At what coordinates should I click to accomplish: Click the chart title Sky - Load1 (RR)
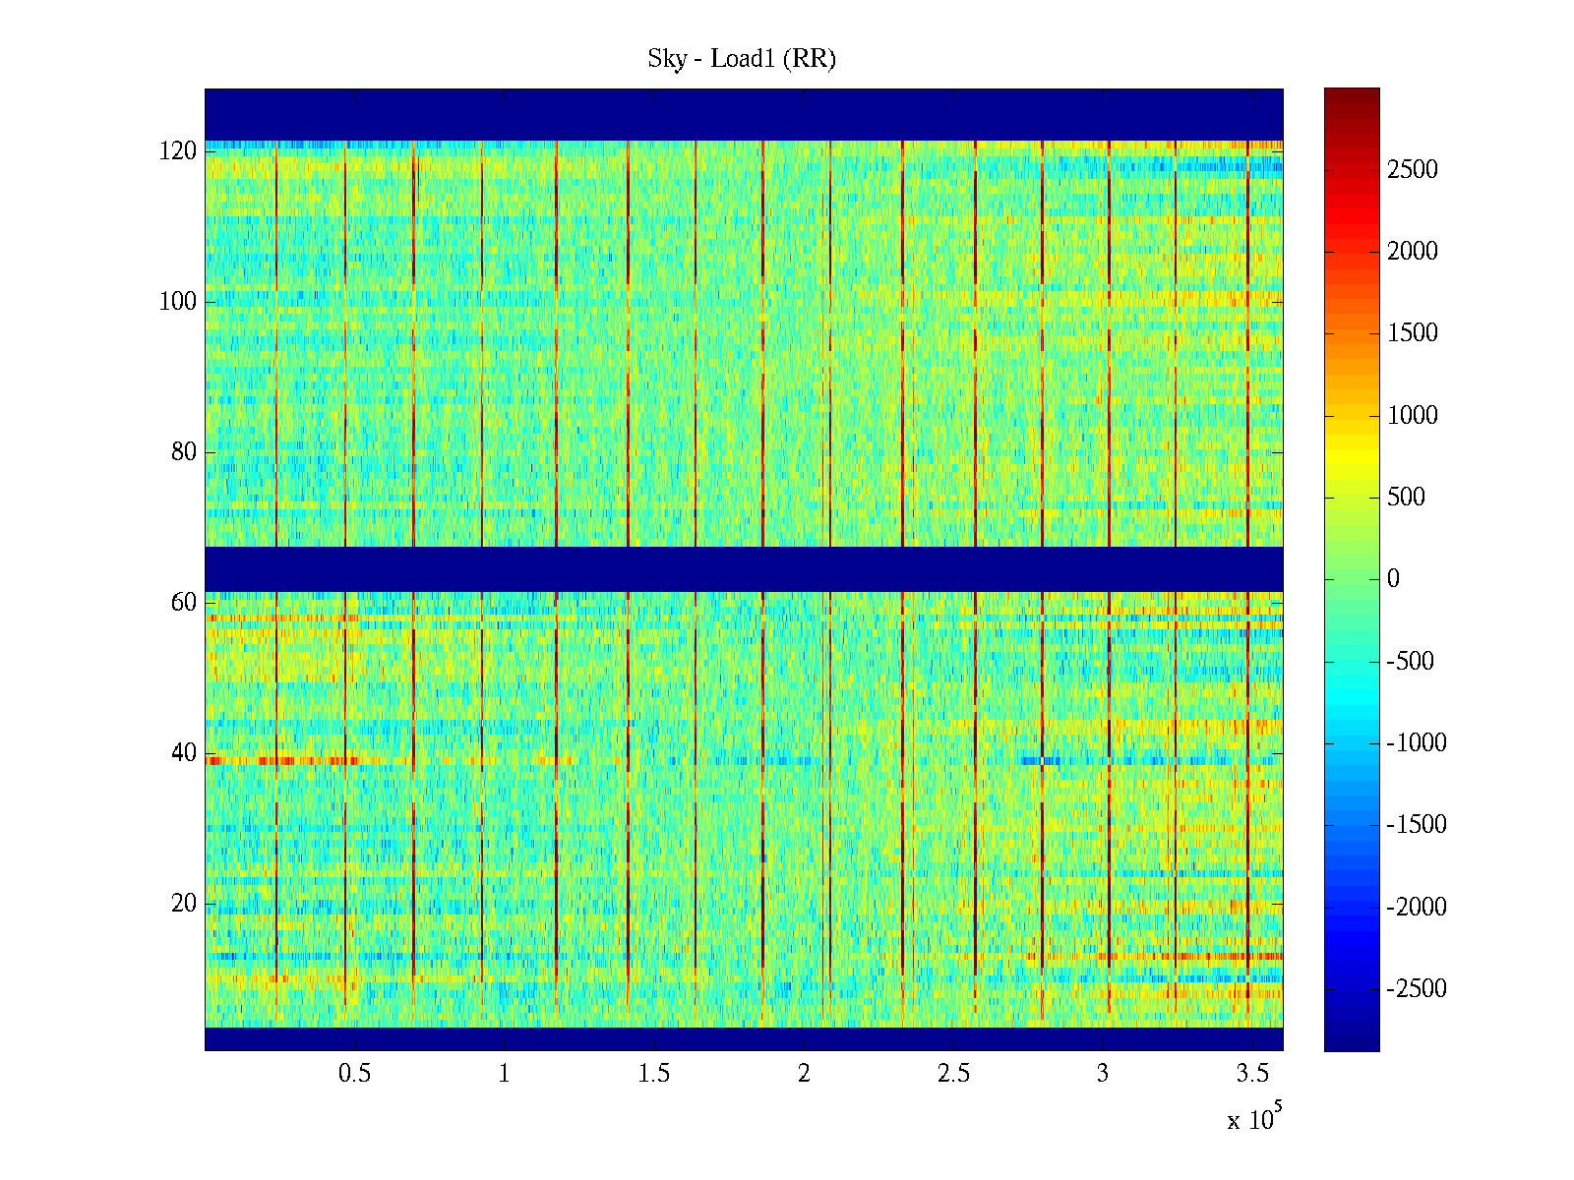point(742,59)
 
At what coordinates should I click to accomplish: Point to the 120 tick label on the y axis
point(178,151)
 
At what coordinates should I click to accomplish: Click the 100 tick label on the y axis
point(178,302)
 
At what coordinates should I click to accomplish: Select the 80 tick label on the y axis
point(184,452)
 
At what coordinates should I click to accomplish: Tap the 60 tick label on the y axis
point(184,603)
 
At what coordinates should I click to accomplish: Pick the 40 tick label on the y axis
point(184,753)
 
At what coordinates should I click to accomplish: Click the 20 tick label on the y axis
point(184,904)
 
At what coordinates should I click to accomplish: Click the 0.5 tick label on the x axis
point(354,1074)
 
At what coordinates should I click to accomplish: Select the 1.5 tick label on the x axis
point(654,1074)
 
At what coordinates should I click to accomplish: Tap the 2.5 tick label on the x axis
point(953,1074)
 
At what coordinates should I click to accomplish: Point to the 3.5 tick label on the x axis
point(1252,1074)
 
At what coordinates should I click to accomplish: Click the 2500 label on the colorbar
point(1413,170)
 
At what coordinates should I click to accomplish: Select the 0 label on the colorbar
point(1393,579)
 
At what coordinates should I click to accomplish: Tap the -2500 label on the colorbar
point(1417,989)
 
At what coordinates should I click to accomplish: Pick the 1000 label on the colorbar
point(1413,416)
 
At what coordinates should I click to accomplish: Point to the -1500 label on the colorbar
point(1417,825)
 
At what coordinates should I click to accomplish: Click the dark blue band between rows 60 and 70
point(744,569)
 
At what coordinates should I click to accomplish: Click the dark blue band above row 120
point(744,114)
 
